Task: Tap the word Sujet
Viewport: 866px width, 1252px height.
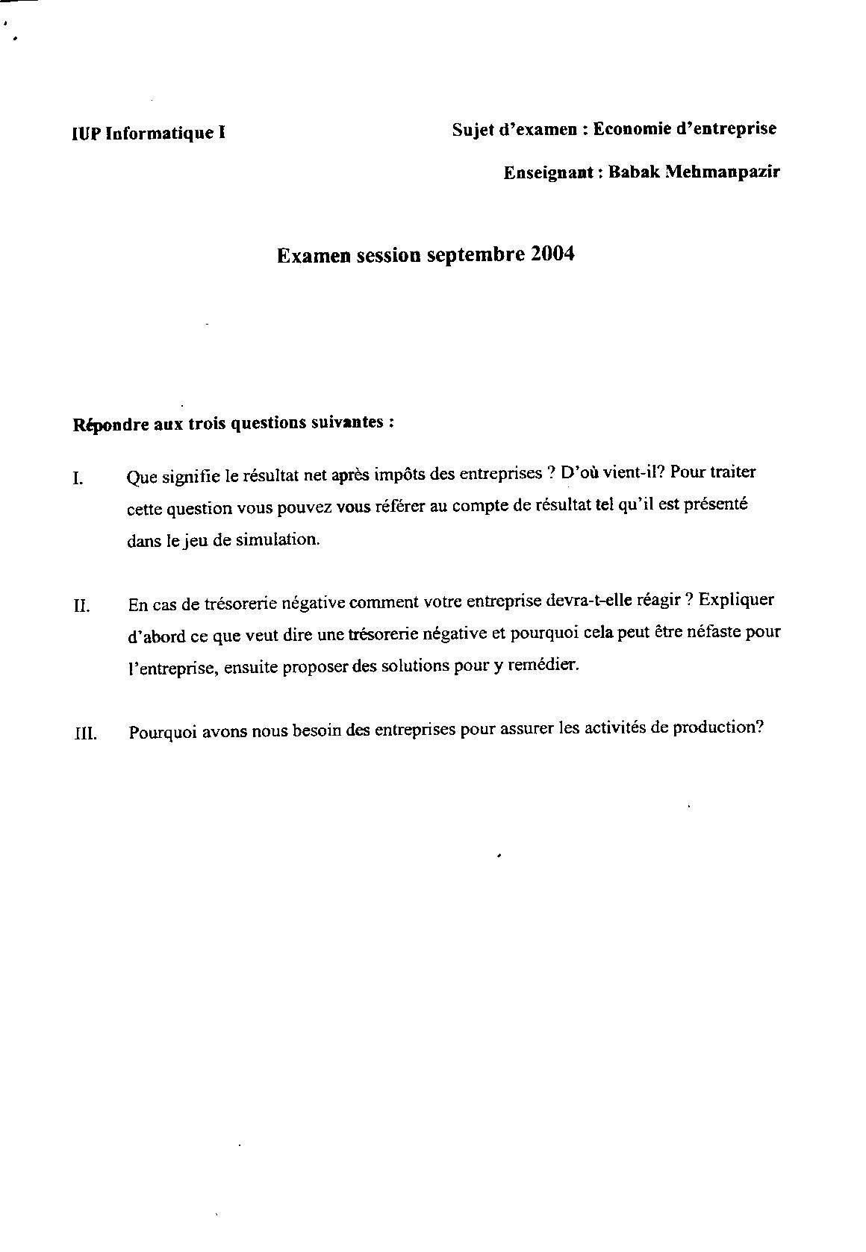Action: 473,129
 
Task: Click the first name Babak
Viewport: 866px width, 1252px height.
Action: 634,172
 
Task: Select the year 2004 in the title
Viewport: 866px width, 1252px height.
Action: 553,254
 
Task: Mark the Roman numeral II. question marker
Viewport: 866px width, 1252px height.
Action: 81,605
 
